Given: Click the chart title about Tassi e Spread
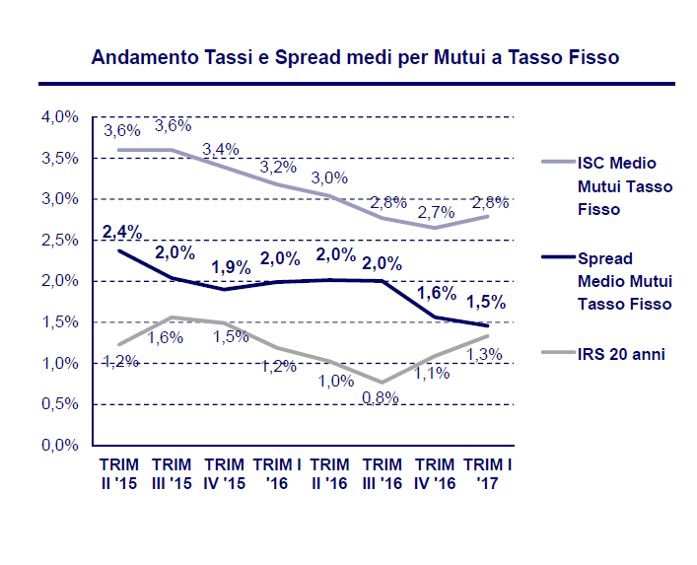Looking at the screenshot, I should coord(355,57).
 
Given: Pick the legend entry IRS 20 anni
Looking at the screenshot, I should coord(616,353).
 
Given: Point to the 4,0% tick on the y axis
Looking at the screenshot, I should coord(59,117).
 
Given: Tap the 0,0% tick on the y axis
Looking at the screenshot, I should coord(59,446).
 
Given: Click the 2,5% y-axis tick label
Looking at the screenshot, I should coord(59,241).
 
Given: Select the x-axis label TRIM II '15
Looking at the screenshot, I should coord(118,473).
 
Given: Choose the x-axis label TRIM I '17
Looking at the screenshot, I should coord(488,473).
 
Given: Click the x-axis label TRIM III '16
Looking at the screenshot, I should coord(383,473).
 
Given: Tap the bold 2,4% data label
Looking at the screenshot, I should coord(122,232).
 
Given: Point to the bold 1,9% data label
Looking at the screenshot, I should coord(232,268).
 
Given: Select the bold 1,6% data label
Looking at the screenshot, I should coord(436,293).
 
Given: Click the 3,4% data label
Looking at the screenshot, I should coord(221,149).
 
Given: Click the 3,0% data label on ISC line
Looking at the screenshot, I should coord(329,177).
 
